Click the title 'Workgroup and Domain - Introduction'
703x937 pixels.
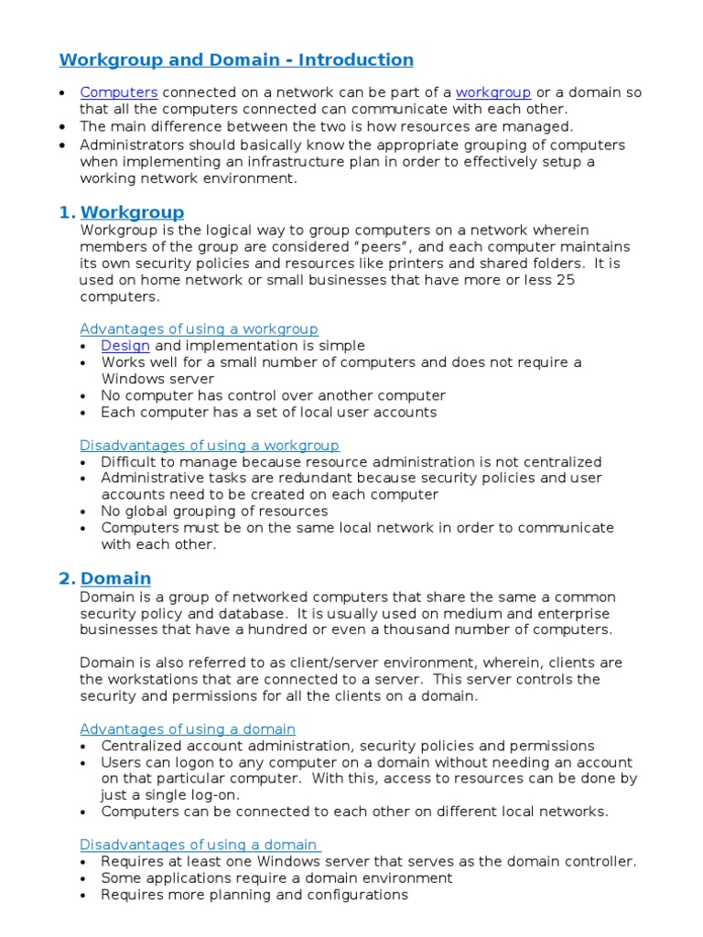(x=236, y=60)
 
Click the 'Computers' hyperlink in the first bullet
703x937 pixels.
(x=119, y=92)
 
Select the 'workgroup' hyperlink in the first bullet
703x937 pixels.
(x=493, y=92)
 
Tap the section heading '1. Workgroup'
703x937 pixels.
(x=132, y=213)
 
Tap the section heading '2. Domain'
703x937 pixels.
(x=115, y=578)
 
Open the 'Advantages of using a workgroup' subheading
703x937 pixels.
(x=199, y=328)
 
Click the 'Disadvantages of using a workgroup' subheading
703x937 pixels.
(x=210, y=446)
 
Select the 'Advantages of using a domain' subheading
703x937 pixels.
(x=188, y=729)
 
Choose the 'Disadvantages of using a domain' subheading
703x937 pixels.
(x=199, y=845)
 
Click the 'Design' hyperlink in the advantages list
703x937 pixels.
(x=125, y=346)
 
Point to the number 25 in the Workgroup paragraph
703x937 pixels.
(x=565, y=280)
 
